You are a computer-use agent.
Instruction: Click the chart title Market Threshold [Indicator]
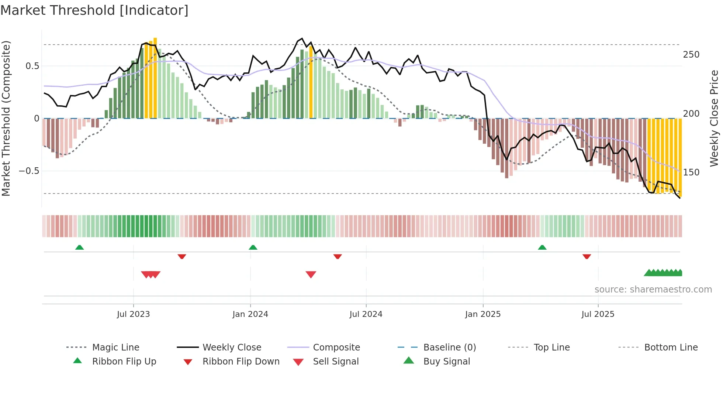[x=94, y=10]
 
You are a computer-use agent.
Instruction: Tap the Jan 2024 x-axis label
[x=250, y=314]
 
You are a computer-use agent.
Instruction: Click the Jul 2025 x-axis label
[x=598, y=314]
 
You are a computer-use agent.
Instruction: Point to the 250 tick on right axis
[x=691, y=55]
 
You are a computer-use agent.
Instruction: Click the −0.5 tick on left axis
[x=29, y=171]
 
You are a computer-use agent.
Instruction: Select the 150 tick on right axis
[x=691, y=172]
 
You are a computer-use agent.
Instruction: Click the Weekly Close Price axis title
[x=714, y=118]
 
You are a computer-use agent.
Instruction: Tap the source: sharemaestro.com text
[x=653, y=290]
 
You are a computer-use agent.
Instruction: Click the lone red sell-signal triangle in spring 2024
[x=311, y=274]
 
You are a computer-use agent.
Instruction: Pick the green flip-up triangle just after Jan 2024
[x=253, y=247]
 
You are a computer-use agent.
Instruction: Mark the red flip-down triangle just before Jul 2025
[x=587, y=256]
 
